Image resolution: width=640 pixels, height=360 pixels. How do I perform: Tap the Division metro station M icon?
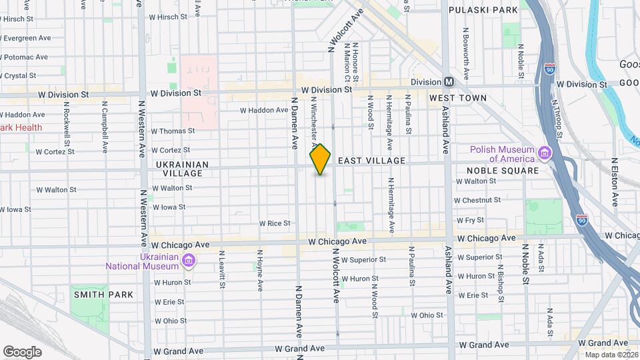click(x=449, y=82)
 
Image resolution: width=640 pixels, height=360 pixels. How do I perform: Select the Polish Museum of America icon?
click(x=545, y=154)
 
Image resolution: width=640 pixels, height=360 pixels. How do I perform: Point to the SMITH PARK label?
click(x=103, y=295)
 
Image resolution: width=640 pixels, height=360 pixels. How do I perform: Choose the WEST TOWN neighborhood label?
click(x=457, y=98)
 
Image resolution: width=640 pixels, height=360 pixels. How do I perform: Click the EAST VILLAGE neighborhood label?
click(x=371, y=161)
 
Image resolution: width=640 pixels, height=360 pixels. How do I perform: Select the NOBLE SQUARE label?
click(x=507, y=171)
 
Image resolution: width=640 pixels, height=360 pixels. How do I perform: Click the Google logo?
click(x=22, y=351)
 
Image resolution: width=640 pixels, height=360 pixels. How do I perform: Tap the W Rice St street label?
click(x=275, y=223)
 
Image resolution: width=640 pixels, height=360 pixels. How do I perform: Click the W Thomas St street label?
click(x=173, y=131)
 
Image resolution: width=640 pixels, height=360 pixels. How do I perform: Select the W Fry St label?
click(x=470, y=220)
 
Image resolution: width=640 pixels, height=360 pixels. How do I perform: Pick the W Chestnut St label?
click(x=477, y=200)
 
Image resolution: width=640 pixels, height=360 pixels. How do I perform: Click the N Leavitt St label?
click(x=222, y=270)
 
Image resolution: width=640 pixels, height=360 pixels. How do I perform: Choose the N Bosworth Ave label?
click(x=466, y=50)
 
